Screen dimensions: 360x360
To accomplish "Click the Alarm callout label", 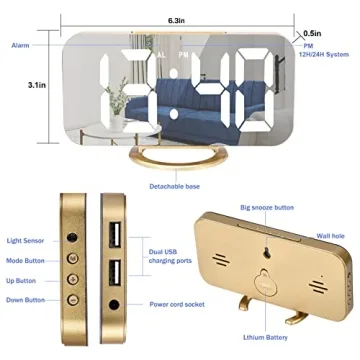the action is point(20,45).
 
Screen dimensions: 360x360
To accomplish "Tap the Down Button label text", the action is point(24,299).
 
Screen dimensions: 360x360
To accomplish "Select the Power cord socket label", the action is point(178,304).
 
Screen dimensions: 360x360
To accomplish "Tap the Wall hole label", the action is point(330,235).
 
